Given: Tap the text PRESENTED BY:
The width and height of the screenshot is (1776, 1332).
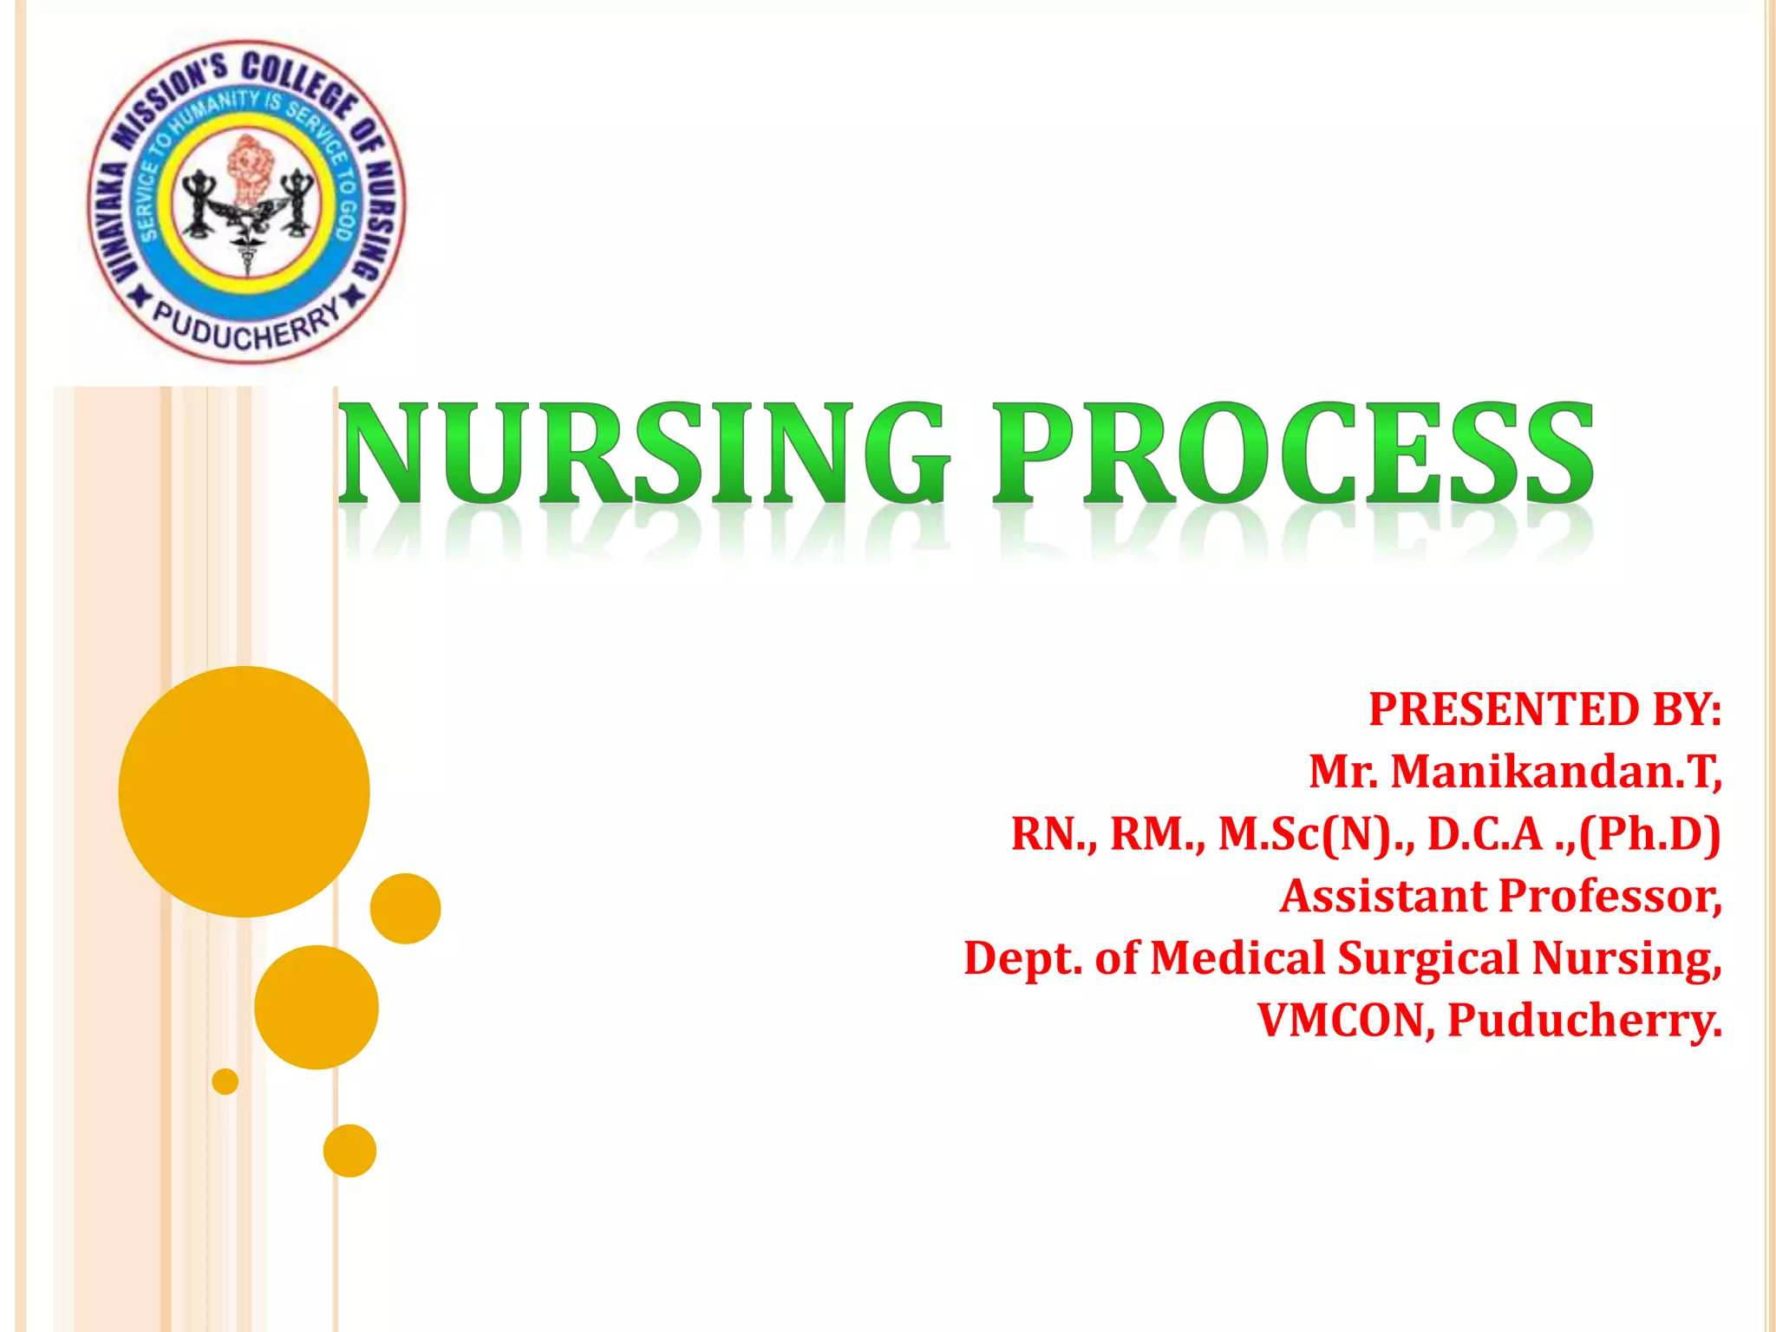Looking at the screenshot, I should [1544, 709].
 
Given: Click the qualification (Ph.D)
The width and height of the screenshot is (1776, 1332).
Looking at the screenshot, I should [1649, 834].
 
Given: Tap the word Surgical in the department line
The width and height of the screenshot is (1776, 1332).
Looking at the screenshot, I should [1427, 958].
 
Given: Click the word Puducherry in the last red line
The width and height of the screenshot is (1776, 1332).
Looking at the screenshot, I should [1583, 1021].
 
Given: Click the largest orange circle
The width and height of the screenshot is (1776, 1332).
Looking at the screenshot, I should [244, 791].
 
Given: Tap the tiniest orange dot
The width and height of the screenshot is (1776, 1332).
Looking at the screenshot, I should [225, 1081].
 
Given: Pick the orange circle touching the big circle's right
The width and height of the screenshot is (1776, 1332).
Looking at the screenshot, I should [405, 908].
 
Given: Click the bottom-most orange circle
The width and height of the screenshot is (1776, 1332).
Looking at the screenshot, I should [349, 1150].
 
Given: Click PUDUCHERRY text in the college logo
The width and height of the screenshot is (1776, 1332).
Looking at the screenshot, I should [246, 327].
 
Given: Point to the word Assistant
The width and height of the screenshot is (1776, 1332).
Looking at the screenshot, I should [1382, 896].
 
